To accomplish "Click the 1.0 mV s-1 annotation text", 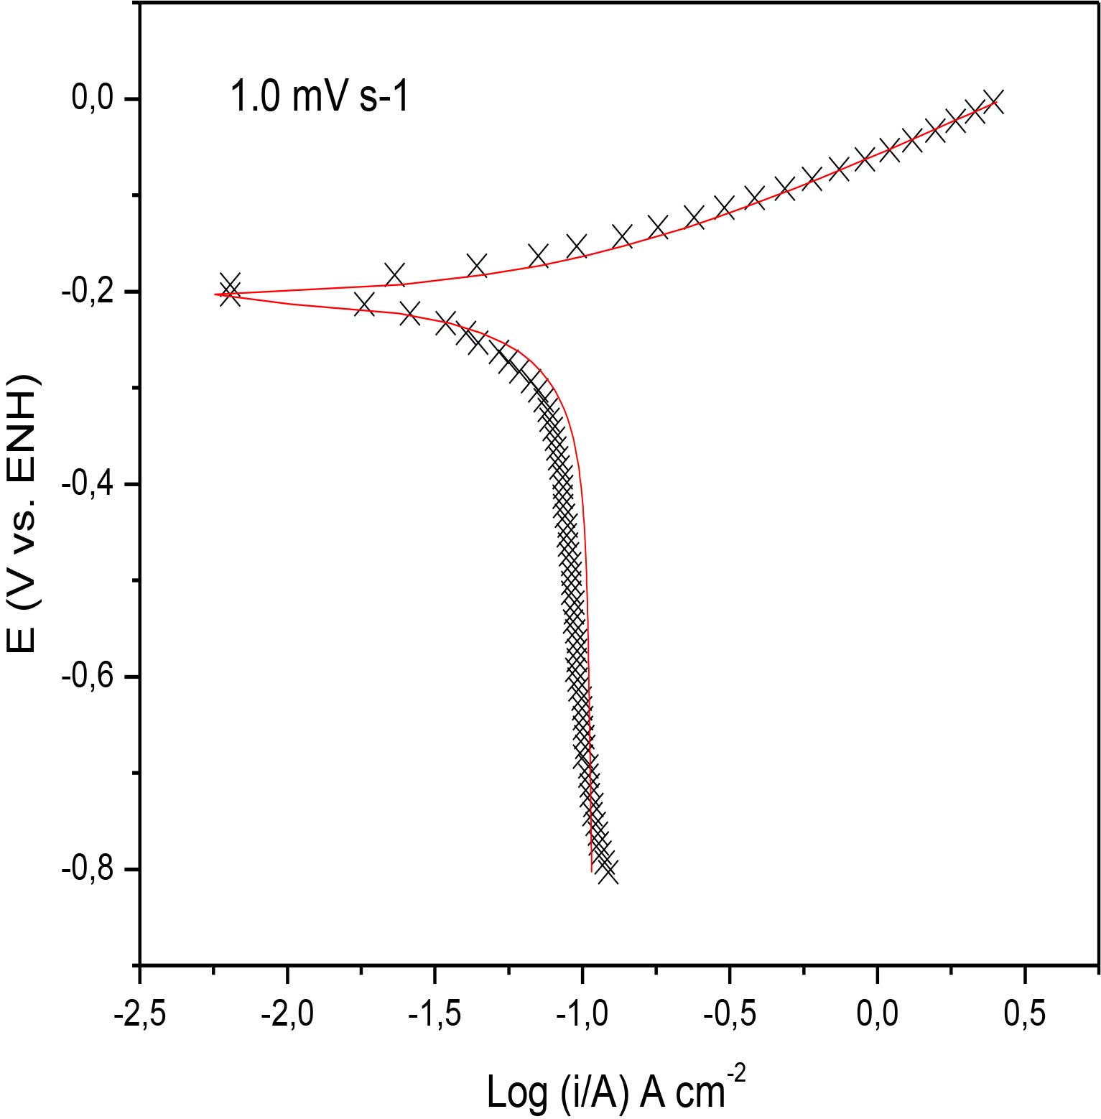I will click(320, 97).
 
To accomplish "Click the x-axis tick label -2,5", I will click(140, 1014).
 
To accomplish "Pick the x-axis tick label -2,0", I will click(287, 1014).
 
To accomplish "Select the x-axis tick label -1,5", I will click(435, 1014).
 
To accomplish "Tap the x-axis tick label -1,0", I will click(582, 1014).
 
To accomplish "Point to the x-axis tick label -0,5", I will click(730, 1014).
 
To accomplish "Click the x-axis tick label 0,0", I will click(878, 1014).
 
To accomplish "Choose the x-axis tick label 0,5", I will click(1025, 1014).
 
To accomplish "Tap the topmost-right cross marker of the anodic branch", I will click(993, 101).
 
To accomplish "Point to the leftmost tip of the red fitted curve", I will click(215, 294).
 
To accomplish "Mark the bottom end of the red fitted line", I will click(592, 870).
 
